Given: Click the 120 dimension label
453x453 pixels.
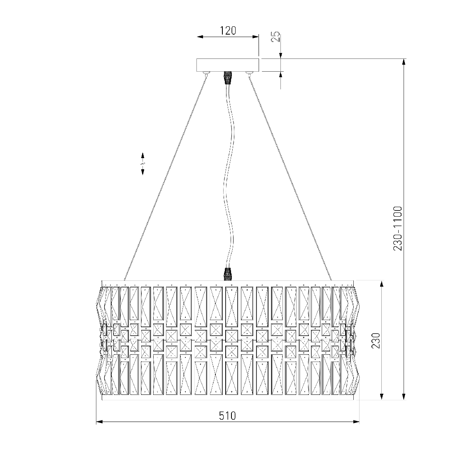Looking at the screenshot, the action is click(228, 30).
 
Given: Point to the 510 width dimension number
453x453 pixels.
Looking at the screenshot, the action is click(227, 416).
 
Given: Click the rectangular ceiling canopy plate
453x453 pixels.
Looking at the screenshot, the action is click(228, 65).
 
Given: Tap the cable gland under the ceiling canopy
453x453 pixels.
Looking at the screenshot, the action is click(228, 77).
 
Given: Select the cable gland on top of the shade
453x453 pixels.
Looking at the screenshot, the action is click(228, 274).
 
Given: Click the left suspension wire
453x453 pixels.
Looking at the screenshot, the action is click(165, 177).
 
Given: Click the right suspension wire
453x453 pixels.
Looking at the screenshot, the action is click(290, 177).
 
